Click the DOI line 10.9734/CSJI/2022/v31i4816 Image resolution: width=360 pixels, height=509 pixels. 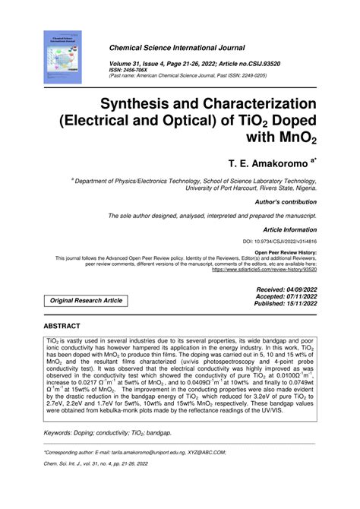pyautogui.click(x=280, y=241)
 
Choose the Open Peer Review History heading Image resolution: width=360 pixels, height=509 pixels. pyautogui.click(x=286, y=251)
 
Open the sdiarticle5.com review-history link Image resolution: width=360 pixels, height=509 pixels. pyautogui.click(x=264, y=269)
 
